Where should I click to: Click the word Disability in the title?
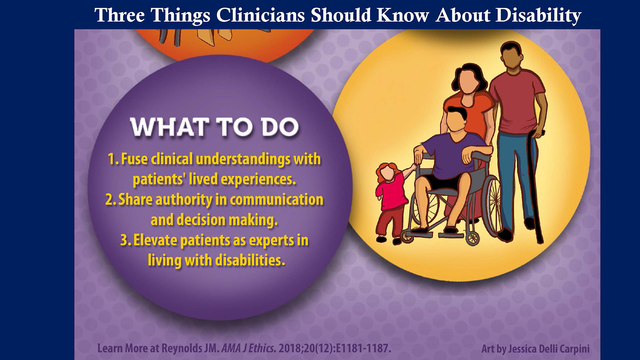pos(538,15)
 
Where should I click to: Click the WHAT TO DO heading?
pos(215,126)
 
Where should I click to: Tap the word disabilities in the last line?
pos(250,260)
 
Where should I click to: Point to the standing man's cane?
pos(537,186)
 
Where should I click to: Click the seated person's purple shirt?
pos(451,156)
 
